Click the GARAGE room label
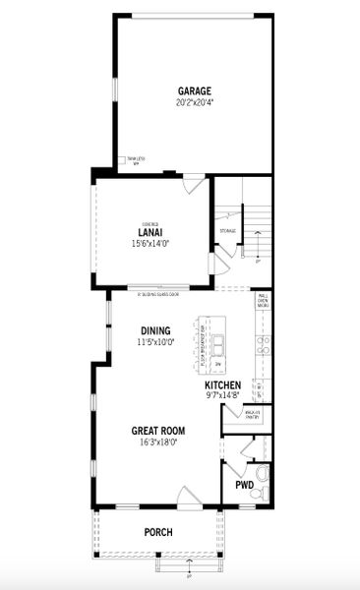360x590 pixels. tap(194, 90)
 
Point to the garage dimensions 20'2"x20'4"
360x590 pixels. tap(194, 101)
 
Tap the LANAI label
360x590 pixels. tap(150, 232)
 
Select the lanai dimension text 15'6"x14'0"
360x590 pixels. tap(150, 244)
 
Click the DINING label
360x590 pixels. tap(155, 331)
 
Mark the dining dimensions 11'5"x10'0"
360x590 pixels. tap(155, 342)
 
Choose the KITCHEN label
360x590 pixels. tap(223, 385)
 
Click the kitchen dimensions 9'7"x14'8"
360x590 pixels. tap(223, 396)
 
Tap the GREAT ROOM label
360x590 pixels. tap(158, 431)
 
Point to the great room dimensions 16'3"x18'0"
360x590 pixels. tap(158, 442)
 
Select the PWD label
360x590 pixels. tap(244, 486)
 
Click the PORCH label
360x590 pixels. tap(158, 532)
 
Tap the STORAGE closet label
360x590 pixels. tap(227, 231)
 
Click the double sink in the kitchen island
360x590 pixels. tap(218, 343)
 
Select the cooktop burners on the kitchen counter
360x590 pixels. tap(263, 344)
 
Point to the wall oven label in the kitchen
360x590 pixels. tap(263, 300)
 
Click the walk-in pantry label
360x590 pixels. tap(252, 414)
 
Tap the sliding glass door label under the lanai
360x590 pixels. tap(158, 293)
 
